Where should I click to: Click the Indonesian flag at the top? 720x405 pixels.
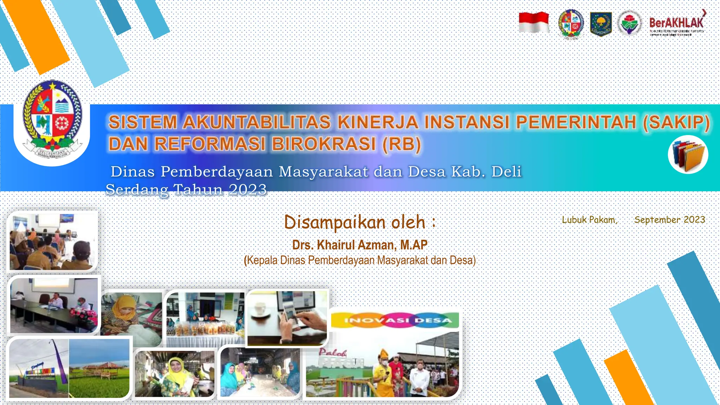tap(534, 22)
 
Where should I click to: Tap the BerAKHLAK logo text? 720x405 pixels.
tap(676, 23)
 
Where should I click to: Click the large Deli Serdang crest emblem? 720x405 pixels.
tap(52, 120)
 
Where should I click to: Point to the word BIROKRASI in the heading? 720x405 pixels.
tap(323, 144)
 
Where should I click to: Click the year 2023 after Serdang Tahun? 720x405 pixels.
tap(248, 190)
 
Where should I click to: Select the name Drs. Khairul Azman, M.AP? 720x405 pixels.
tap(360, 245)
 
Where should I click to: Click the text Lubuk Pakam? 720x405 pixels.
tap(589, 220)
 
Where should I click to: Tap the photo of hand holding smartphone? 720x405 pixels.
tap(288, 317)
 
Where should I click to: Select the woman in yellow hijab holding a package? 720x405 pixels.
tap(175, 374)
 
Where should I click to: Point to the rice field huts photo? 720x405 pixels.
tap(99, 368)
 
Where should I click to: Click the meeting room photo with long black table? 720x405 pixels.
tap(54, 305)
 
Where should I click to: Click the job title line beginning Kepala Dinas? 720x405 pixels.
tap(360, 261)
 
